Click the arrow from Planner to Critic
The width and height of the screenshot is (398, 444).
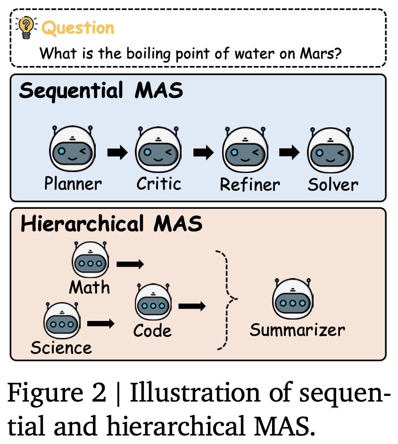click(x=117, y=153)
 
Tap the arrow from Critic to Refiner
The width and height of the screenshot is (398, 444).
click(x=203, y=153)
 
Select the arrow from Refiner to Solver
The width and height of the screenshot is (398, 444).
click(x=289, y=153)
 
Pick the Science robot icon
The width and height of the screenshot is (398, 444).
click(x=61, y=321)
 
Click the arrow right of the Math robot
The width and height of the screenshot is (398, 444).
click(x=130, y=265)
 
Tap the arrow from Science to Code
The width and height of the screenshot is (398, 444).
click(x=101, y=324)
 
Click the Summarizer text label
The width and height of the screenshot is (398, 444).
click(x=297, y=330)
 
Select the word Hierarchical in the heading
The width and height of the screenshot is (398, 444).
click(x=82, y=224)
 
